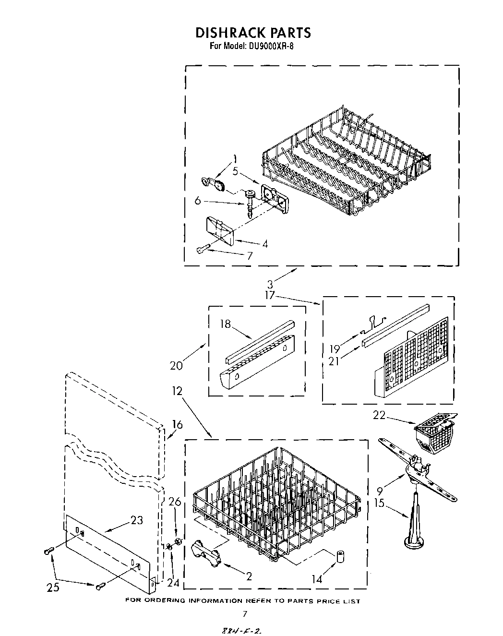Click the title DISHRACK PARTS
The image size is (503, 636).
click(x=252, y=33)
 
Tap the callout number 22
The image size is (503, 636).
click(x=379, y=415)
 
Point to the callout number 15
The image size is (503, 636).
click(x=379, y=503)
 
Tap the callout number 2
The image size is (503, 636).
click(x=249, y=576)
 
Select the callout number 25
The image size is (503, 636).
click(x=53, y=587)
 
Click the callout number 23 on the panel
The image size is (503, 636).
click(x=137, y=520)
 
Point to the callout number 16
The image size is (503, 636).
click(x=177, y=424)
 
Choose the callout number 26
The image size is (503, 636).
click(x=175, y=502)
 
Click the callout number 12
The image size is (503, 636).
click(x=177, y=391)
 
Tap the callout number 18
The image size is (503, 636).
click(x=225, y=324)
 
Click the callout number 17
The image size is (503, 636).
click(x=270, y=295)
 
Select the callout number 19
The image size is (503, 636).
click(x=334, y=348)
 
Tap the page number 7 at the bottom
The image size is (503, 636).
click(x=245, y=613)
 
